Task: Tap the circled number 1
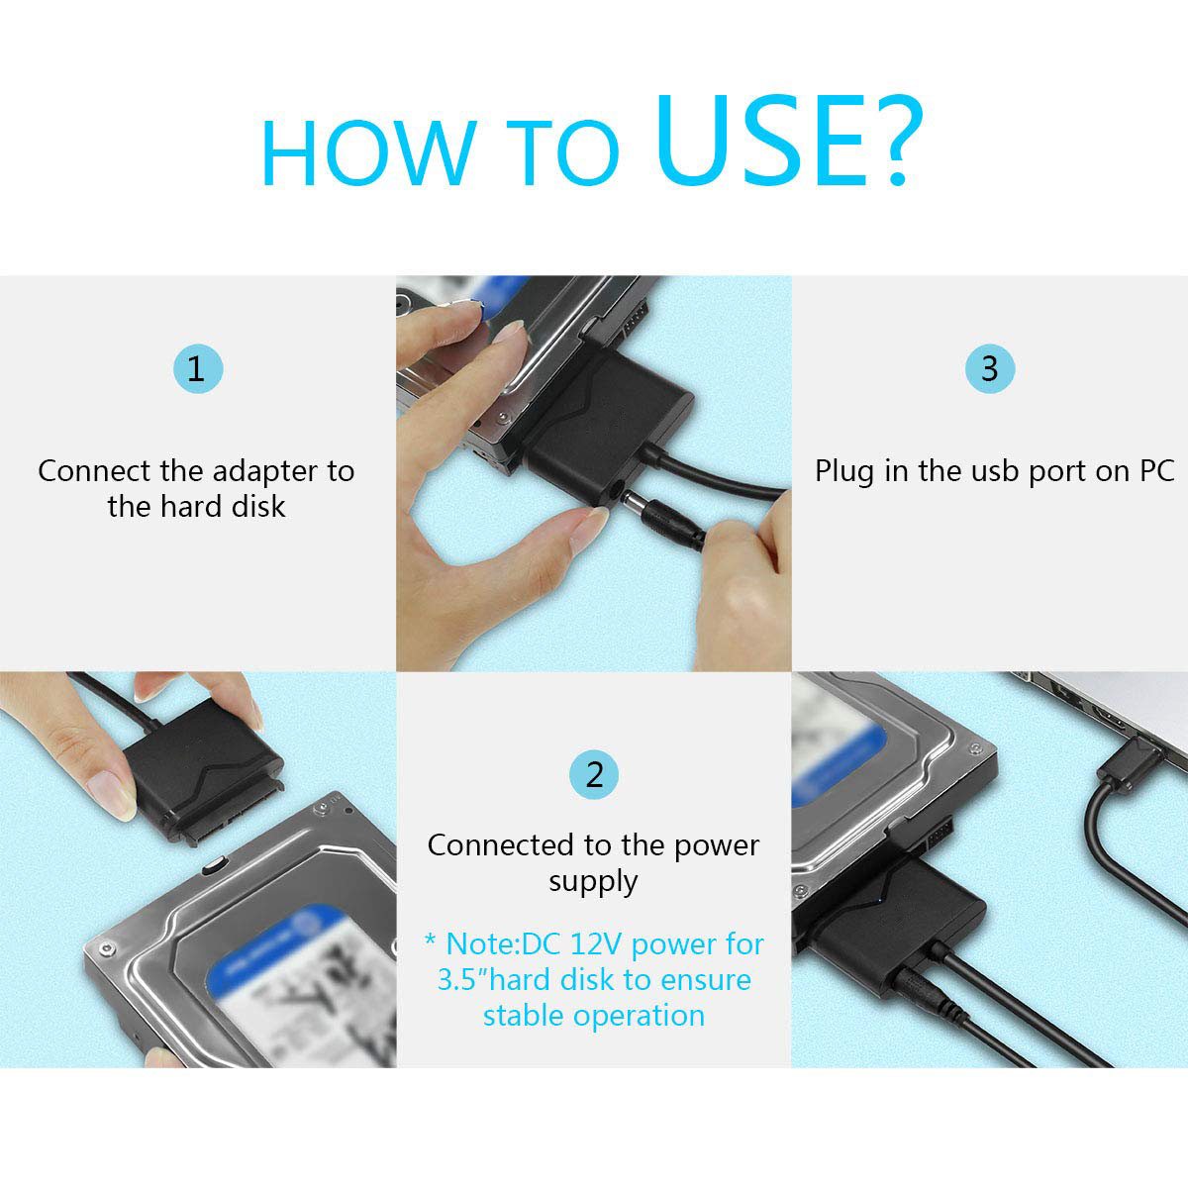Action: coord(197,369)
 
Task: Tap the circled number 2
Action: coord(594,774)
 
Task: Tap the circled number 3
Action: coord(989,369)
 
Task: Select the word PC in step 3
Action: coord(1154,471)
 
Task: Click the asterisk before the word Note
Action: coord(430,940)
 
